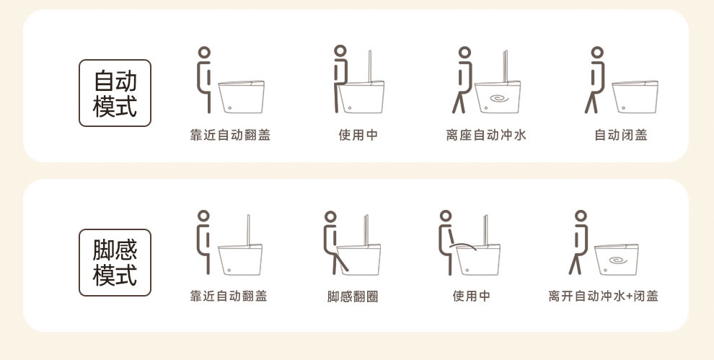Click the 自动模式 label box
[x=115, y=93]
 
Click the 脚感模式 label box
[x=115, y=263]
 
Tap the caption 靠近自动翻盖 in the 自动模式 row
[x=230, y=135]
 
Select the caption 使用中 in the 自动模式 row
[x=358, y=135]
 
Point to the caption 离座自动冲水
[x=486, y=135]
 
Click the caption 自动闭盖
[x=621, y=135]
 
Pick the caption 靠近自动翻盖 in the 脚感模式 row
[x=228, y=297]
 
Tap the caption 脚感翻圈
[x=353, y=297]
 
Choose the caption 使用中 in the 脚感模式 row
[x=471, y=297]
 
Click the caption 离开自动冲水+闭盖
[x=604, y=297]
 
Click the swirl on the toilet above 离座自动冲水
[x=499, y=98]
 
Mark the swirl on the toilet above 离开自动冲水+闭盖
[x=617, y=260]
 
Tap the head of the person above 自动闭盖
[x=597, y=53]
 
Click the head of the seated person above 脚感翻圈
[x=330, y=216]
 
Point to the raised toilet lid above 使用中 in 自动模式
[x=370, y=66]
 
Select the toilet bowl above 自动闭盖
[x=635, y=97]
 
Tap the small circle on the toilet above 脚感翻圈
[x=347, y=271]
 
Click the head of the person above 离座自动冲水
[x=464, y=53]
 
